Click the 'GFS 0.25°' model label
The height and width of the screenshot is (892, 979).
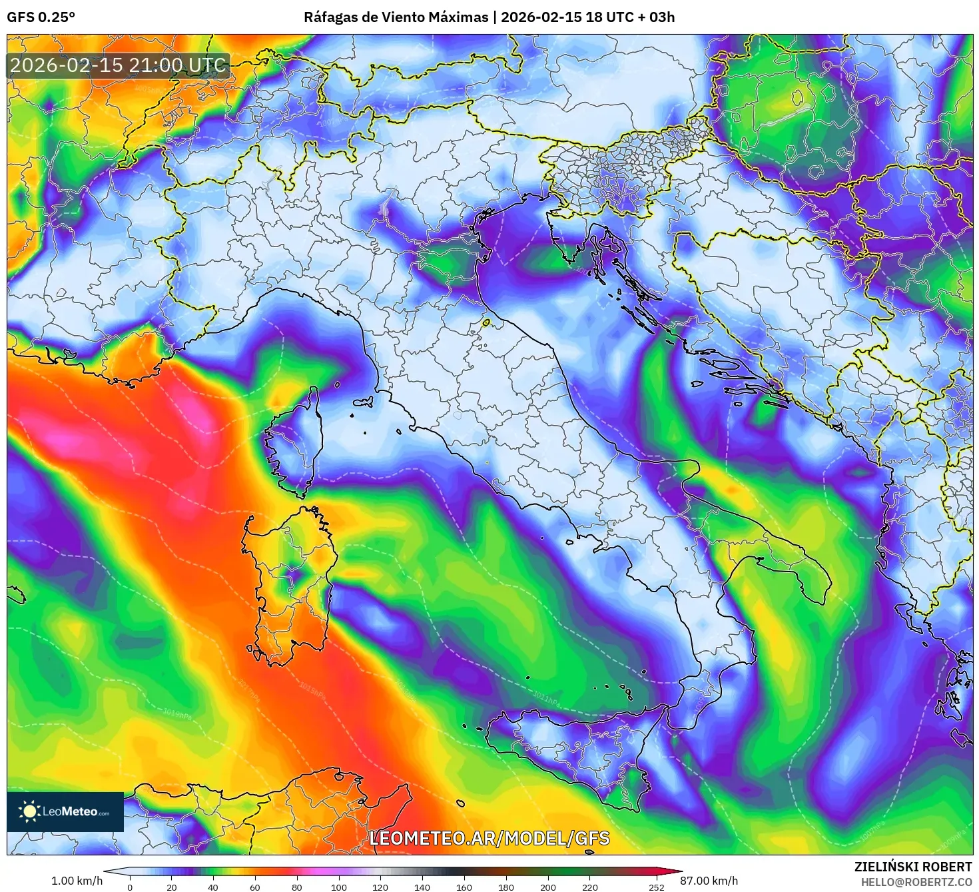[x=41, y=17]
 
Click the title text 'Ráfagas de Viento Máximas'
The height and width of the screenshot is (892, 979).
[x=396, y=17]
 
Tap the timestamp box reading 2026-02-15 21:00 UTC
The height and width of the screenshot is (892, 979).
[x=118, y=65]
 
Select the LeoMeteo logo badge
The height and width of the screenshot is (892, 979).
[x=65, y=811]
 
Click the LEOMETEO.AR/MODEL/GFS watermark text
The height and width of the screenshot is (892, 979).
[x=489, y=838]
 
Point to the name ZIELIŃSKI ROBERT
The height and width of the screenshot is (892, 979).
[x=912, y=867]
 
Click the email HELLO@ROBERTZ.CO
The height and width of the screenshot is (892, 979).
[x=916, y=882]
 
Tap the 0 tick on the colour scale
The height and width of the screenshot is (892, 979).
[x=130, y=887]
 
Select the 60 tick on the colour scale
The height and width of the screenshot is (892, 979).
[x=254, y=887]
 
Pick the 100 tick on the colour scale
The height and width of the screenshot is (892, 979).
[x=338, y=887]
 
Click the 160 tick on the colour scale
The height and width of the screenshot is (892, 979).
[x=464, y=887]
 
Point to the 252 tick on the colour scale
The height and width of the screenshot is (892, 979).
[x=656, y=887]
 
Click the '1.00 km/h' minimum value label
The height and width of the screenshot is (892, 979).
[x=77, y=881]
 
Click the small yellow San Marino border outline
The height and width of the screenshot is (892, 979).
[x=486, y=323]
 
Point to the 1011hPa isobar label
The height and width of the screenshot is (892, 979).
[x=544, y=698]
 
